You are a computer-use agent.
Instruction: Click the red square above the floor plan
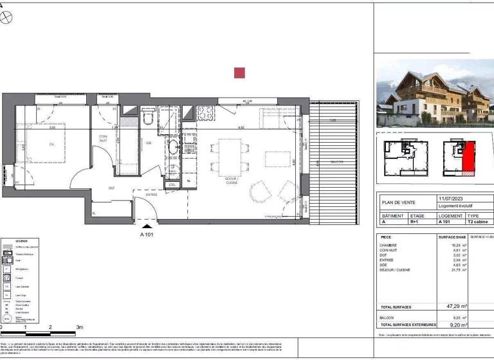tap(239, 73)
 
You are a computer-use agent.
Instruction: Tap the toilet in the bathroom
tap(148, 118)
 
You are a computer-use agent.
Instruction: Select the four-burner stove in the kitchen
tap(206, 113)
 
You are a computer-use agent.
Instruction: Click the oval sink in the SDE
tap(173, 147)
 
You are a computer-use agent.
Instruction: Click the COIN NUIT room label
tap(103, 138)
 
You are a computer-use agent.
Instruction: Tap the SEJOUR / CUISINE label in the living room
tap(231, 181)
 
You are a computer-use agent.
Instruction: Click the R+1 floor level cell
tap(416, 222)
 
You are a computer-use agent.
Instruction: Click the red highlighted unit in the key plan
tap(468, 158)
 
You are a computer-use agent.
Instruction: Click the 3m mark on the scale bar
tap(79, 328)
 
